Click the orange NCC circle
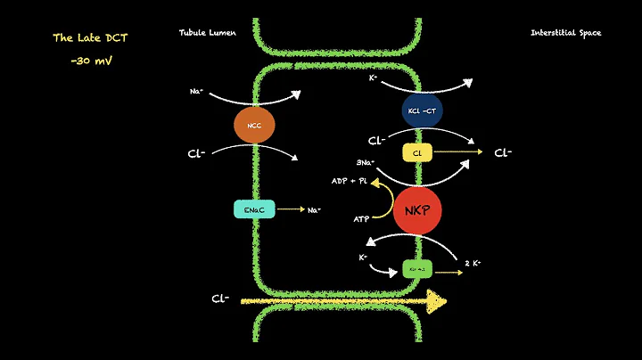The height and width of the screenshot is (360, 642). click(x=253, y=126)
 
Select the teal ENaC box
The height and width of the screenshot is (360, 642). click(x=253, y=209)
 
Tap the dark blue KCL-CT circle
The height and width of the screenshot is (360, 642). click(x=421, y=109)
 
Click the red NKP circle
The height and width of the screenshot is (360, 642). click(x=418, y=210)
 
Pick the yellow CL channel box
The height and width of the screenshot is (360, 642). click(x=417, y=153)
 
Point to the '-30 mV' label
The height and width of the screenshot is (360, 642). click(x=89, y=61)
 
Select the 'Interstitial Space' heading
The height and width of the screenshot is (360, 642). click(x=565, y=33)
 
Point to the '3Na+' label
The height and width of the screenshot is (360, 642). click(x=365, y=164)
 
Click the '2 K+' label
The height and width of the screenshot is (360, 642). click(x=473, y=265)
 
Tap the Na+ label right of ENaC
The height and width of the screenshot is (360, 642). click(x=315, y=209)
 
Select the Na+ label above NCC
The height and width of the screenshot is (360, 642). click(x=197, y=92)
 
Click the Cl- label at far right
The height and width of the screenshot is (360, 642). click(x=503, y=152)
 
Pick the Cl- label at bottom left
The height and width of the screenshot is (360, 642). click(x=221, y=299)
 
